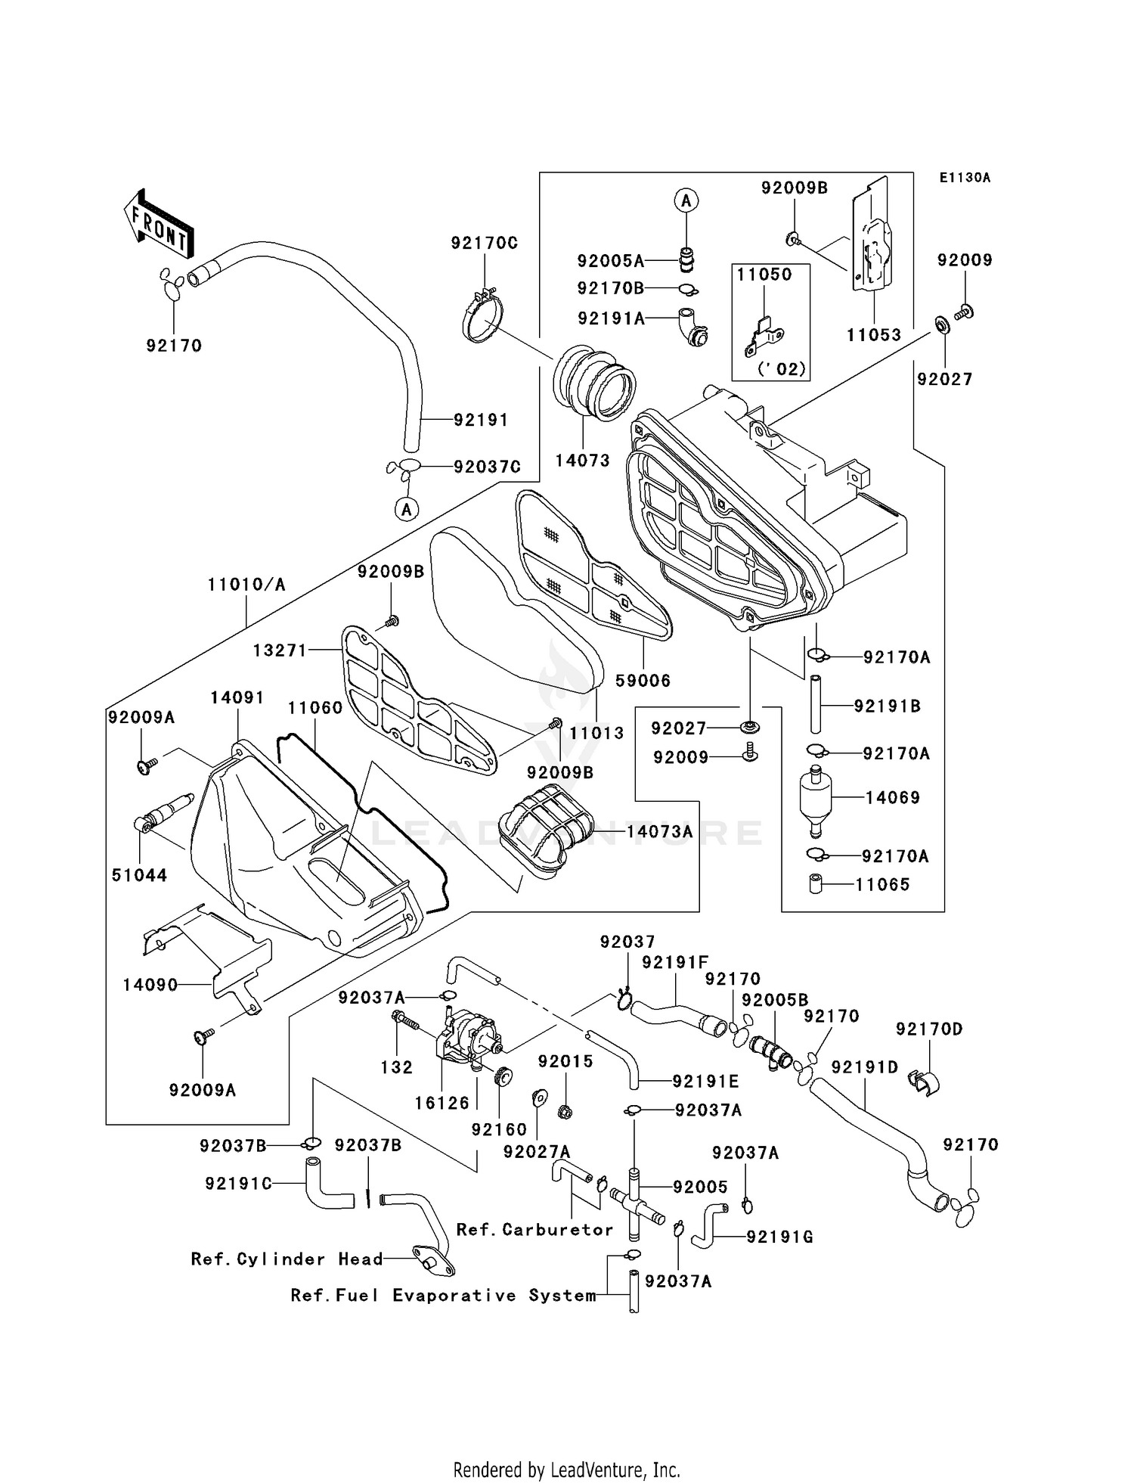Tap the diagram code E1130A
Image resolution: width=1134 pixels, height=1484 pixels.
point(964,178)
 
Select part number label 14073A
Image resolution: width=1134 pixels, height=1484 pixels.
point(658,832)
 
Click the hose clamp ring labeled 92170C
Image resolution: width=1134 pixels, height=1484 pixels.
point(482,317)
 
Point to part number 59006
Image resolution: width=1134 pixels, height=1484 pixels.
point(643,681)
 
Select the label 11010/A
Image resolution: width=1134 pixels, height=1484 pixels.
point(247,585)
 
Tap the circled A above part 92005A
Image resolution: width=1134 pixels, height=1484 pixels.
point(686,200)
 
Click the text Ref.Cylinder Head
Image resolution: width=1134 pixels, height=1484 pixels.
point(287,1259)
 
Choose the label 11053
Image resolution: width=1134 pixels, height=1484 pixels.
point(873,335)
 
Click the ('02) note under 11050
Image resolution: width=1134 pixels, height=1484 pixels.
point(782,369)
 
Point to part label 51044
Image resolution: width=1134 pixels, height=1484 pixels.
point(139,875)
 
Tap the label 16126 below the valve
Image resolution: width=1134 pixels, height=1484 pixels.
point(442,1103)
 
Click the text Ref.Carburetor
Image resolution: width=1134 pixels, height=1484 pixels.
point(534,1230)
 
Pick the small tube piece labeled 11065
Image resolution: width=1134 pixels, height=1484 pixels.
point(815,883)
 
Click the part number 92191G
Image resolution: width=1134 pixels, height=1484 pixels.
point(779,1237)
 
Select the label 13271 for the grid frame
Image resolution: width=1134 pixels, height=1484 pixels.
point(280,650)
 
